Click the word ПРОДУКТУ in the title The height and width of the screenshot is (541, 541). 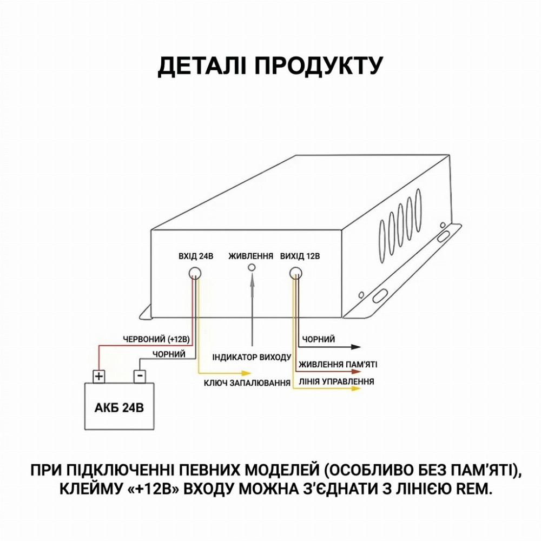click(319, 65)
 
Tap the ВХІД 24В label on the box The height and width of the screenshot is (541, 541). click(196, 256)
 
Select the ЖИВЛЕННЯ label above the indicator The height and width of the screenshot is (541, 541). click(251, 256)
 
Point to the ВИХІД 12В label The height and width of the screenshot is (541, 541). click(300, 256)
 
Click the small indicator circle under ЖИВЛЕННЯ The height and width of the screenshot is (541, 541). click(252, 267)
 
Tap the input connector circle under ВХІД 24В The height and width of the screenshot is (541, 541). click(195, 273)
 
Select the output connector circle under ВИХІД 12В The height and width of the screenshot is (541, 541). click(296, 273)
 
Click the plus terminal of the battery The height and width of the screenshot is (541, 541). click(99, 376)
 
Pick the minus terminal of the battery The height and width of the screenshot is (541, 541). click(140, 376)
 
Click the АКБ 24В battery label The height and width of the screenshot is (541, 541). click(119, 407)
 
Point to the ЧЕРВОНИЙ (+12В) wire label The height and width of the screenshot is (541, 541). click(157, 339)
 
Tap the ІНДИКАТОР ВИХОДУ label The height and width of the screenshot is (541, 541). click(252, 357)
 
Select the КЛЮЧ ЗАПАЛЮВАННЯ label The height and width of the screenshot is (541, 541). click(247, 383)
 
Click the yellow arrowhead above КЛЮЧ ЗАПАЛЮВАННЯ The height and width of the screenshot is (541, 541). click(246, 373)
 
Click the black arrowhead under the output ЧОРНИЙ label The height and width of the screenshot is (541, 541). click(356, 347)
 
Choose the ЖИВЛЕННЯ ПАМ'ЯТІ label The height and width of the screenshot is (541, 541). click(338, 364)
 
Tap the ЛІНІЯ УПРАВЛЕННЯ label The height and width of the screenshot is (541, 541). click(337, 381)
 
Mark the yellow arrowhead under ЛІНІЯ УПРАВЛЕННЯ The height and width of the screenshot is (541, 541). click(356, 388)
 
